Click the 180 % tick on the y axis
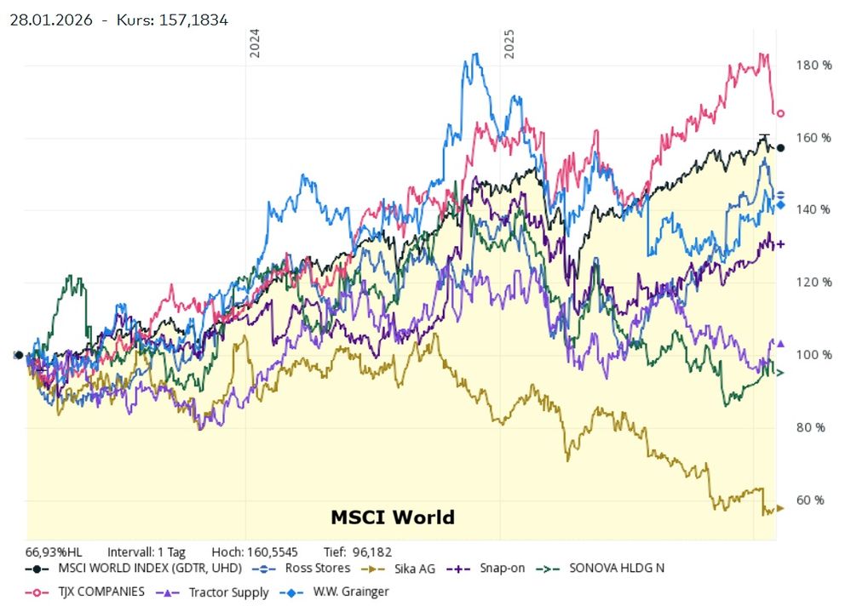pyautogui.click(x=814, y=66)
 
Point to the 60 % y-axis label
pyautogui.click(x=810, y=500)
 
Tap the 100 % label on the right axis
pyautogui.click(x=814, y=355)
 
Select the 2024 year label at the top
pyautogui.click(x=254, y=43)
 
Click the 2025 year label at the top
pyautogui.click(x=509, y=43)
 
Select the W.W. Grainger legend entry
pyautogui.click(x=334, y=592)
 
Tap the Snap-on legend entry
pyautogui.click(x=486, y=569)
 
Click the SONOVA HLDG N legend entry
pyautogui.click(x=601, y=569)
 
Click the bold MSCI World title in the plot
pyautogui.click(x=393, y=517)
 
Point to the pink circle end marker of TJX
pyautogui.click(x=780, y=113)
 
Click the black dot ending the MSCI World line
pyautogui.click(x=780, y=148)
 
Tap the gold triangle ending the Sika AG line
pyautogui.click(x=780, y=508)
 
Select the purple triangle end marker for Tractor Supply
pyautogui.click(x=780, y=344)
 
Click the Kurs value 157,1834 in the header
pyautogui.click(x=193, y=20)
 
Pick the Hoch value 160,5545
pyautogui.click(x=273, y=552)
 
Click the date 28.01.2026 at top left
pyautogui.click(x=51, y=20)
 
